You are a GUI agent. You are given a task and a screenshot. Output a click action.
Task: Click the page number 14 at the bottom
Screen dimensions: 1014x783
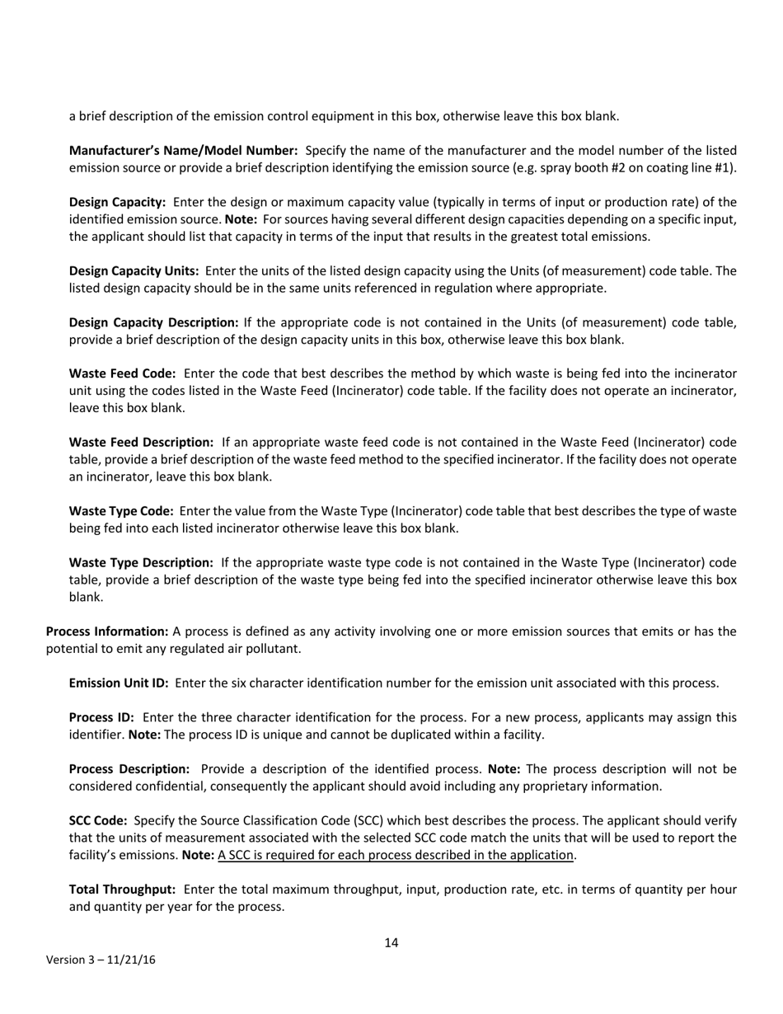pyautogui.click(x=391, y=943)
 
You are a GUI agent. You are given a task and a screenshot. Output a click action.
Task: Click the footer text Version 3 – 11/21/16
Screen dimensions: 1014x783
pyautogui.click(x=101, y=960)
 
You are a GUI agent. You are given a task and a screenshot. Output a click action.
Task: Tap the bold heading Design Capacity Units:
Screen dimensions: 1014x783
pyautogui.click(x=134, y=271)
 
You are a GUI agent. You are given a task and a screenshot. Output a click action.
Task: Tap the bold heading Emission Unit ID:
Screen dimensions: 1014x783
pyautogui.click(x=119, y=683)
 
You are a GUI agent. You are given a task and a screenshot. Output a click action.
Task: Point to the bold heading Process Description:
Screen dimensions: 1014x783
pyautogui.click(x=129, y=769)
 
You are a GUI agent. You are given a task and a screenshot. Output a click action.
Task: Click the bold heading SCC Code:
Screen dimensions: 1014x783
pyautogui.click(x=98, y=821)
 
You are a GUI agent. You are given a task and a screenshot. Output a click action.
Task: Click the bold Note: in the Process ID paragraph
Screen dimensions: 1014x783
pyautogui.click(x=144, y=735)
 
